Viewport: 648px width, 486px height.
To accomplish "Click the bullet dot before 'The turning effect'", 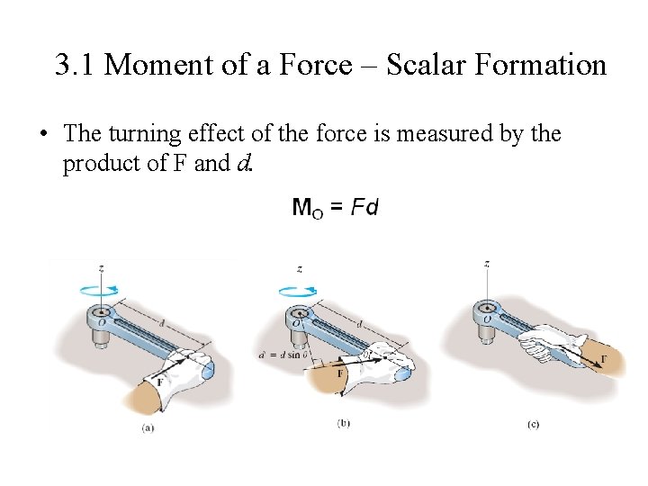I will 42,135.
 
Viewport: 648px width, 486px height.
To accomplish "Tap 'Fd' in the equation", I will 364,208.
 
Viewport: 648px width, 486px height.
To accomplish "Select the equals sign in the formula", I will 337,208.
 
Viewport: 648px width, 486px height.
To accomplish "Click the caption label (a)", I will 148,427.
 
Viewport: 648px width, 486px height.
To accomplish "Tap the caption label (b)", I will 343,422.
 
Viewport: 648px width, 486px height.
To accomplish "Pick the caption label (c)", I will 533,423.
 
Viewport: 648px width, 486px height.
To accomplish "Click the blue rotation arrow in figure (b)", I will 298,291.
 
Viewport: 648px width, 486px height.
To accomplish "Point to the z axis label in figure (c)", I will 486,264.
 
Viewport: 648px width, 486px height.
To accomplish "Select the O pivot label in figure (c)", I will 487,319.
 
